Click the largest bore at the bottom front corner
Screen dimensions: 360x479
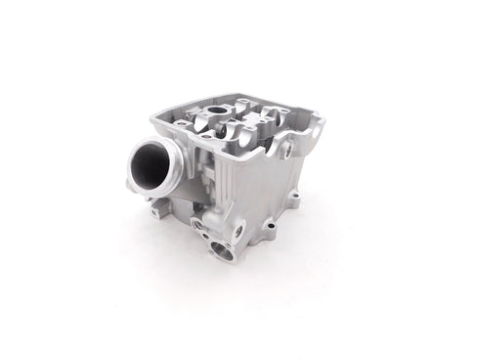223,254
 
